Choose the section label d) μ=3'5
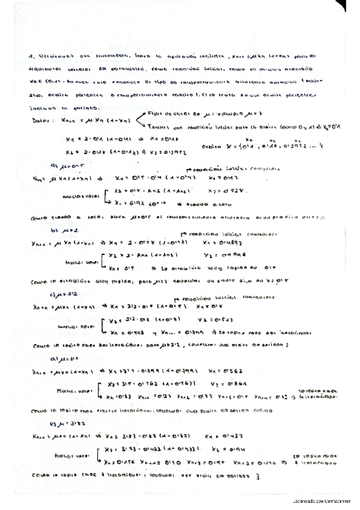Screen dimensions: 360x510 click(62, 357)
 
